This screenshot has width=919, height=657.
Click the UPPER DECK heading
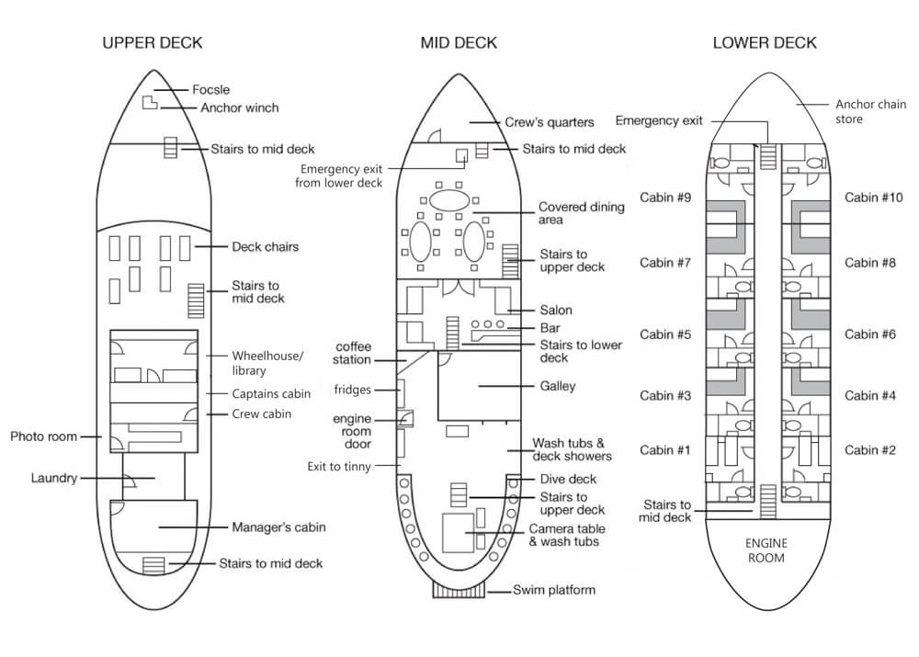pyautogui.click(x=153, y=43)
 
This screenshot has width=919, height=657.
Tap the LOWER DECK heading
pyautogui.click(x=765, y=43)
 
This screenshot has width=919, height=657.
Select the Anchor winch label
pyautogui.click(x=240, y=108)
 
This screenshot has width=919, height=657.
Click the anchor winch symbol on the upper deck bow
pyautogui.click(x=150, y=102)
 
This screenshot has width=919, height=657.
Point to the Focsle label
pyautogui.click(x=211, y=90)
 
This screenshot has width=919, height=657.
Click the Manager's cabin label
pyautogui.click(x=278, y=527)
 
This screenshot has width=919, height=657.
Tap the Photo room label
pyautogui.click(x=44, y=436)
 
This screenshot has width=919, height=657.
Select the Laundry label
pyautogui.click(x=54, y=478)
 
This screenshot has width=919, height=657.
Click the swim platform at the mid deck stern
pyautogui.click(x=459, y=590)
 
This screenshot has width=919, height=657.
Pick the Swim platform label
pyautogui.click(x=554, y=590)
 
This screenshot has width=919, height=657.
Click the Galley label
pyautogui.click(x=558, y=386)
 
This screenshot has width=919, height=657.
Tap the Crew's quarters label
pyautogui.click(x=550, y=122)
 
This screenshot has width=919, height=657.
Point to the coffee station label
pyautogui.click(x=352, y=354)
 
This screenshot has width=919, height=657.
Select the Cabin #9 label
pyautogui.click(x=665, y=198)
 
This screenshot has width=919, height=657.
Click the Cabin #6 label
pyautogui.click(x=870, y=334)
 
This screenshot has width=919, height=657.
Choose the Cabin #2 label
pyautogui.click(x=870, y=450)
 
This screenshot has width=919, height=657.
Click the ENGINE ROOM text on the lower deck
pyautogui.click(x=766, y=550)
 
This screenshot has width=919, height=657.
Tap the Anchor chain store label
pyautogui.click(x=871, y=111)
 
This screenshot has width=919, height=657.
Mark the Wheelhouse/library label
pyautogui.click(x=267, y=363)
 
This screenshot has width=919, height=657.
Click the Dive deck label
pyautogui.click(x=568, y=480)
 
